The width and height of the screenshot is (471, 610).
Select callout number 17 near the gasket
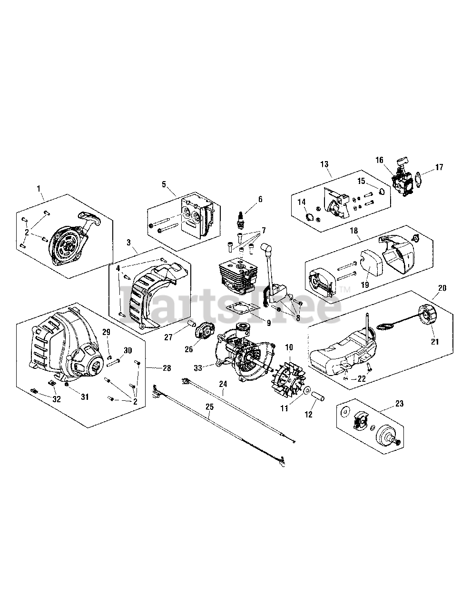(438, 167)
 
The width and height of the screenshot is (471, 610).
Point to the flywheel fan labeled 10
(288, 379)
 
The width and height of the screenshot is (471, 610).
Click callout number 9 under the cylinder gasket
(269, 323)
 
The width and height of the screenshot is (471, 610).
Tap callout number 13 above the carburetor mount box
(324, 164)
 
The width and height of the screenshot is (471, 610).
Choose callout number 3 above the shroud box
(128, 242)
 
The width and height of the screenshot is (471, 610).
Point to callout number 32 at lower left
(57, 399)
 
